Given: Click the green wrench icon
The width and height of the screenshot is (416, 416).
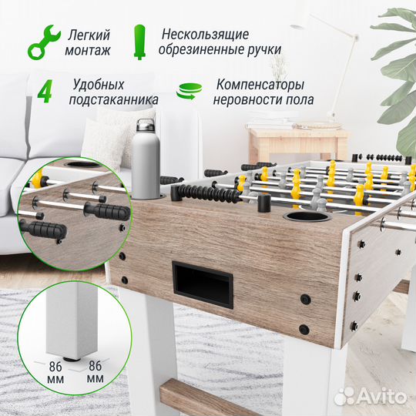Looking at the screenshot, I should pyautogui.click(x=42, y=42).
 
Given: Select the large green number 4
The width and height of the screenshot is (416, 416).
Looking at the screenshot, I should pyautogui.click(x=45, y=91).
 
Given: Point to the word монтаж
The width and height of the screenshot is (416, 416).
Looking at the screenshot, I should pyautogui.click(x=89, y=51).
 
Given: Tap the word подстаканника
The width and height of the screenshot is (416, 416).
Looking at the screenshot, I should pyautogui.click(x=115, y=99).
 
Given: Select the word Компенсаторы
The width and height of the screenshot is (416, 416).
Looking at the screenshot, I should pyautogui.click(x=260, y=84).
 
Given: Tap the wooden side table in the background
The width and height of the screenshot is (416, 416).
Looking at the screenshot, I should pyautogui.click(x=297, y=139).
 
